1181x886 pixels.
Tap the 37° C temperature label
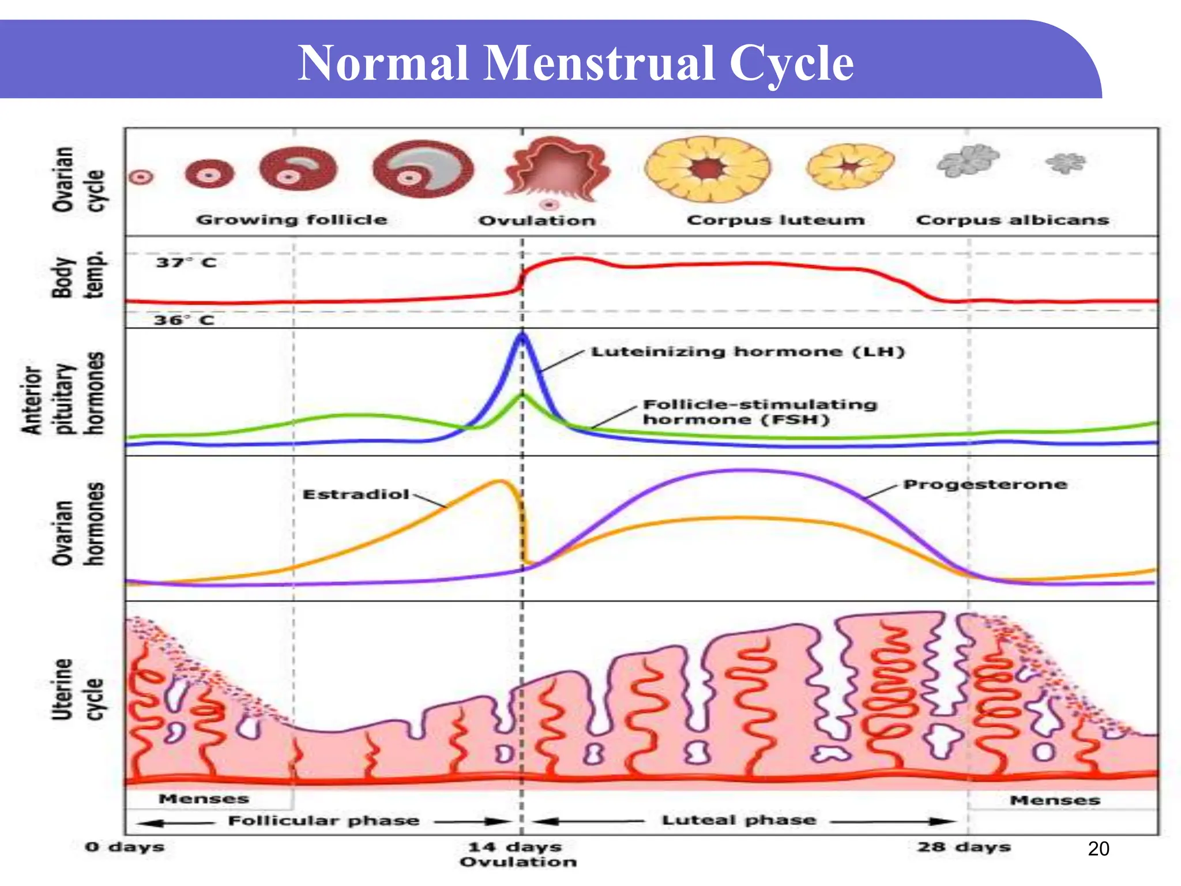tap(186, 262)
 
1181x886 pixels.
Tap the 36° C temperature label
tap(184, 320)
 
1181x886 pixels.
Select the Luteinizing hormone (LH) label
tap(748, 351)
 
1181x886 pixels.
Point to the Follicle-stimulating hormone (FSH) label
tap(759, 412)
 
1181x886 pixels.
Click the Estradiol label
tap(356, 494)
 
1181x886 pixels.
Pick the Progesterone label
tap(985, 484)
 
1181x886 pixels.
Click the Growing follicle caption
tap(292, 220)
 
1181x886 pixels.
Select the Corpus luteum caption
tap(776, 220)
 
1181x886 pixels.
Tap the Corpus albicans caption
tap(1012, 220)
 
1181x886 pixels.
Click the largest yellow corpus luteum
tap(708, 169)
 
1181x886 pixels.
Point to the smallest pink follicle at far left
tap(141, 177)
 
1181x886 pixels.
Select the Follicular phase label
tap(324, 820)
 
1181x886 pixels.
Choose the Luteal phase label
tap(739, 820)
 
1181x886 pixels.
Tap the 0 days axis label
tap(125, 847)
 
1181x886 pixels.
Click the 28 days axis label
tap(964, 847)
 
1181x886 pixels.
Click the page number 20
tap(1098, 849)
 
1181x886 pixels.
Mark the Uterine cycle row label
tap(77, 689)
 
